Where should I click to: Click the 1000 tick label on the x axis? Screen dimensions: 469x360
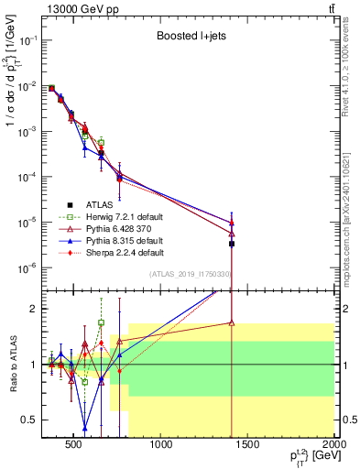(x=162, y=447)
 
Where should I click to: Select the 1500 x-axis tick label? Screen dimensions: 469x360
(x=248, y=447)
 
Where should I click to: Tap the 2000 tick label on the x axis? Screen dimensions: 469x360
(x=333, y=447)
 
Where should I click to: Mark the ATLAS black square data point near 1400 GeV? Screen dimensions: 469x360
(x=232, y=244)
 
